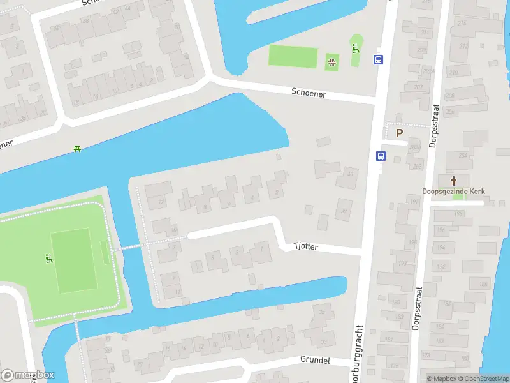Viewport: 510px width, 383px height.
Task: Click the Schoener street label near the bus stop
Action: point(309,93)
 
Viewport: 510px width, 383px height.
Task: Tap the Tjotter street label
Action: point(305,246)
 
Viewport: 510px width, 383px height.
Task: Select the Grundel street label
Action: point(315,361)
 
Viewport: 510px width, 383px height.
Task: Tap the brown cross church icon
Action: point(454,181)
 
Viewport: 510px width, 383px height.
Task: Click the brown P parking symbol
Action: point(399,133)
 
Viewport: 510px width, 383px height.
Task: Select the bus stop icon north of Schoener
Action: point(378,60)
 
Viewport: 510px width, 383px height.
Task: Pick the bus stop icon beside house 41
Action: point(381,156)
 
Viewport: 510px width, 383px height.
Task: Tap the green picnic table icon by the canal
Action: point(77,149)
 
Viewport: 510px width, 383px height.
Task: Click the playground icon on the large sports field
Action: point(47,259)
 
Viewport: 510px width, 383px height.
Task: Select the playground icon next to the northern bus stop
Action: point(356,48)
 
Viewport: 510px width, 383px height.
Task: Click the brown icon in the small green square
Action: point(331,62)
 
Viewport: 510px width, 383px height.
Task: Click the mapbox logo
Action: point(27,375)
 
